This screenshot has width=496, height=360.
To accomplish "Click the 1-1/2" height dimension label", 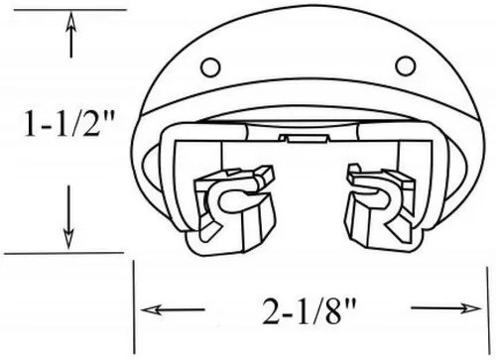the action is click(x=69, y=123).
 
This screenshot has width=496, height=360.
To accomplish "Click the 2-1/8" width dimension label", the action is click(x=310, y=311).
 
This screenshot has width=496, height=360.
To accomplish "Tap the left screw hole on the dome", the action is click(x=210, y=67).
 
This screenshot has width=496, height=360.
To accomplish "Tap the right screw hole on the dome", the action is click(x=406, y=65).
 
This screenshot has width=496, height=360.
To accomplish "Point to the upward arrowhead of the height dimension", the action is click(x=70, y=23).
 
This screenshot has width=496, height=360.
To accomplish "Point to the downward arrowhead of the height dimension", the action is click(x=68, y=239).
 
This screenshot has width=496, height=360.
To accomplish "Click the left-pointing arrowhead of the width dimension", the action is click(x=152, y=310).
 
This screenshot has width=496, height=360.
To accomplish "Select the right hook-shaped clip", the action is click(x=380, y=205).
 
